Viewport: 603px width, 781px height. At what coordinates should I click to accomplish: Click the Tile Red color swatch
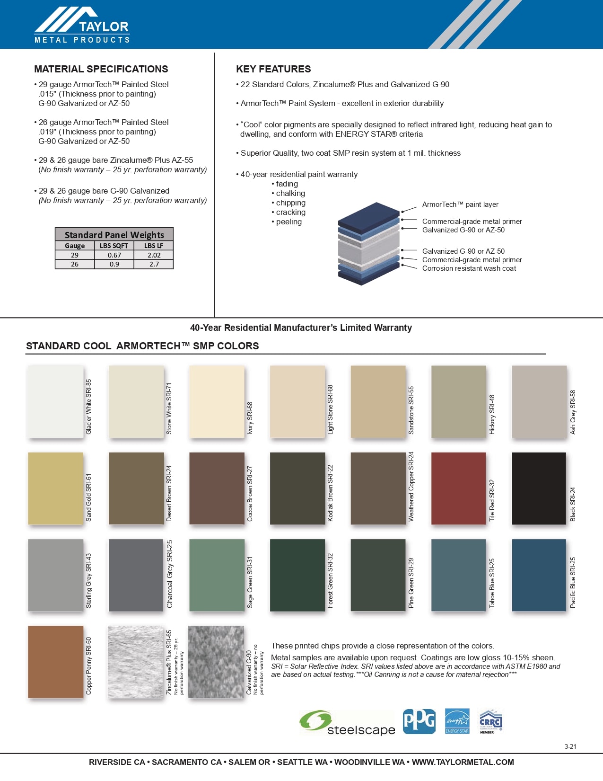click(458, 488)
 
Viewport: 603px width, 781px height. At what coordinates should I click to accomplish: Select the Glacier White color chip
click(55, 401)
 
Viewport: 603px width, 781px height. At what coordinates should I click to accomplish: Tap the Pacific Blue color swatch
click(539, 575)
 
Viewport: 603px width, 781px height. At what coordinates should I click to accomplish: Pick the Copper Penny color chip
click(55, 662)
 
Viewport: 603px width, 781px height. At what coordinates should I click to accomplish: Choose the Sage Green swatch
click(217, 575)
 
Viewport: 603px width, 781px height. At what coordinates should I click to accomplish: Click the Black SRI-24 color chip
click(539, 488)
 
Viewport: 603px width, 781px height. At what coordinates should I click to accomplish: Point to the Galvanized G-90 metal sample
click(216, 662)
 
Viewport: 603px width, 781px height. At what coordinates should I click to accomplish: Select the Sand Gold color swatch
click(55, 488)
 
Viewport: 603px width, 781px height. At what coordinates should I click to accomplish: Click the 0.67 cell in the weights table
click(114, 255)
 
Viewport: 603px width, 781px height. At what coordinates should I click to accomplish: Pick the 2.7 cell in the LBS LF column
click(154, 264)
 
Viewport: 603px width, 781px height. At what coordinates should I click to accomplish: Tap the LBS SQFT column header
click(114, 246)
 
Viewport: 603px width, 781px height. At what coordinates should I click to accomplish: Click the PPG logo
click(419, 721)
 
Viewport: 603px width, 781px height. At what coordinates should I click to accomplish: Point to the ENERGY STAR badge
click(457, 721)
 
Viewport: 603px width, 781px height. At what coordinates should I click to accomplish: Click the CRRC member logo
click(490, 721)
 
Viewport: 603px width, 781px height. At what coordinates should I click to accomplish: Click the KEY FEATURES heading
click(273, 69)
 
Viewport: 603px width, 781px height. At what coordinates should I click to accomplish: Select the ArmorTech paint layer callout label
click(460, 204)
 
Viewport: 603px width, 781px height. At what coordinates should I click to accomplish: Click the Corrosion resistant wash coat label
click(469, 268)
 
